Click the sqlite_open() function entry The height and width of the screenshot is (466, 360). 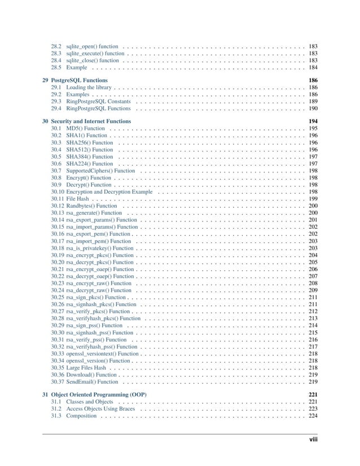pos(92,46)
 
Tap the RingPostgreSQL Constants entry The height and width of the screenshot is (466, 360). pos(98,102)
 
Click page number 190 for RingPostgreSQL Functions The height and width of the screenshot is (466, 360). pos(313,108)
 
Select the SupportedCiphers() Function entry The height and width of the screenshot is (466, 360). pos(100,171)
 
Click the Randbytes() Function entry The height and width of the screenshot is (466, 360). pos(91,206)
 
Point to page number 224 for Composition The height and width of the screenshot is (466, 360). pos(313,416)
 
